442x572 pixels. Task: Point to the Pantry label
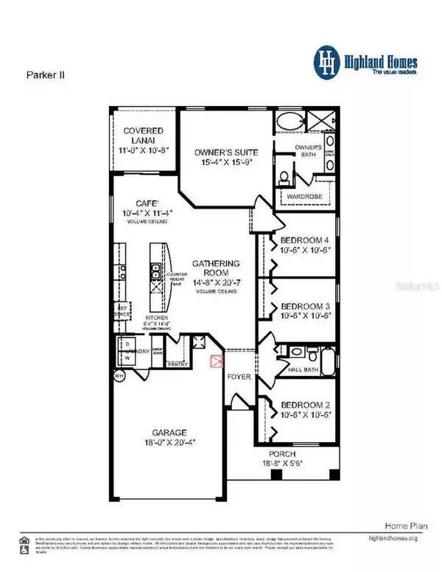pyautogui.click(x=179, y=363)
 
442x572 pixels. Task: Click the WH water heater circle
pyautogui.click(x=119, y=376)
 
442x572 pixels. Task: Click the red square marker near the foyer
pyautogui.click(x=217, y=360)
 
